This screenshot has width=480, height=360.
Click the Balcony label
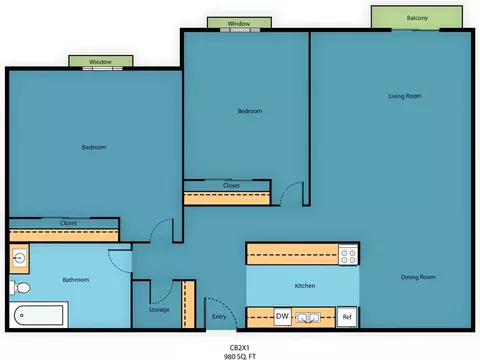click(x=417, y=18)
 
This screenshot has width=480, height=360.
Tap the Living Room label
click(x=405, y=96)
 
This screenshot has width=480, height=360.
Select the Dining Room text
click(x=418, y=277)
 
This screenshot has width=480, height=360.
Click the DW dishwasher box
click(x=282, y=316)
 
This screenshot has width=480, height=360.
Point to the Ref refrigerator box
click(x=347, y=317)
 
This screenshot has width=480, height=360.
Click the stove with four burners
click(x=348, y=255)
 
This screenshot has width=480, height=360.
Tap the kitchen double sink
click(x=308, y=317)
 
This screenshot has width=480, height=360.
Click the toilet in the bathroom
click(x=20, y=287)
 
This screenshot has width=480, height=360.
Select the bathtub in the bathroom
click(x=39, y=315)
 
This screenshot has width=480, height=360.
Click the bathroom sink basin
click(x=19, y=258)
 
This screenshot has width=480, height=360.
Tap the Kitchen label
click(x=305, y=286)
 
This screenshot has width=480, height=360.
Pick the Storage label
click(x=159, y=310)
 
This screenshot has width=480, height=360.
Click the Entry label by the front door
click(x=219, y=317)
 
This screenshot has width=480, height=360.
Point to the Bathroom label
click(x=76, y=280)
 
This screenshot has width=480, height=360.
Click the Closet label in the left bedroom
click(x=68, y=223)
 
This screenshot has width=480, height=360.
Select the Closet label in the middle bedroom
click(x=231, y=185)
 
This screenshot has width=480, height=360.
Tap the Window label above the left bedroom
click(x=100, y=62)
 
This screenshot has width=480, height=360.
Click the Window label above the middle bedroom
click(x=239, y=23)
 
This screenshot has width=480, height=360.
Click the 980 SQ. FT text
click(x=240, y=356)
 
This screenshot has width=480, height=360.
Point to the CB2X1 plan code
click(x=239, y=348)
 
